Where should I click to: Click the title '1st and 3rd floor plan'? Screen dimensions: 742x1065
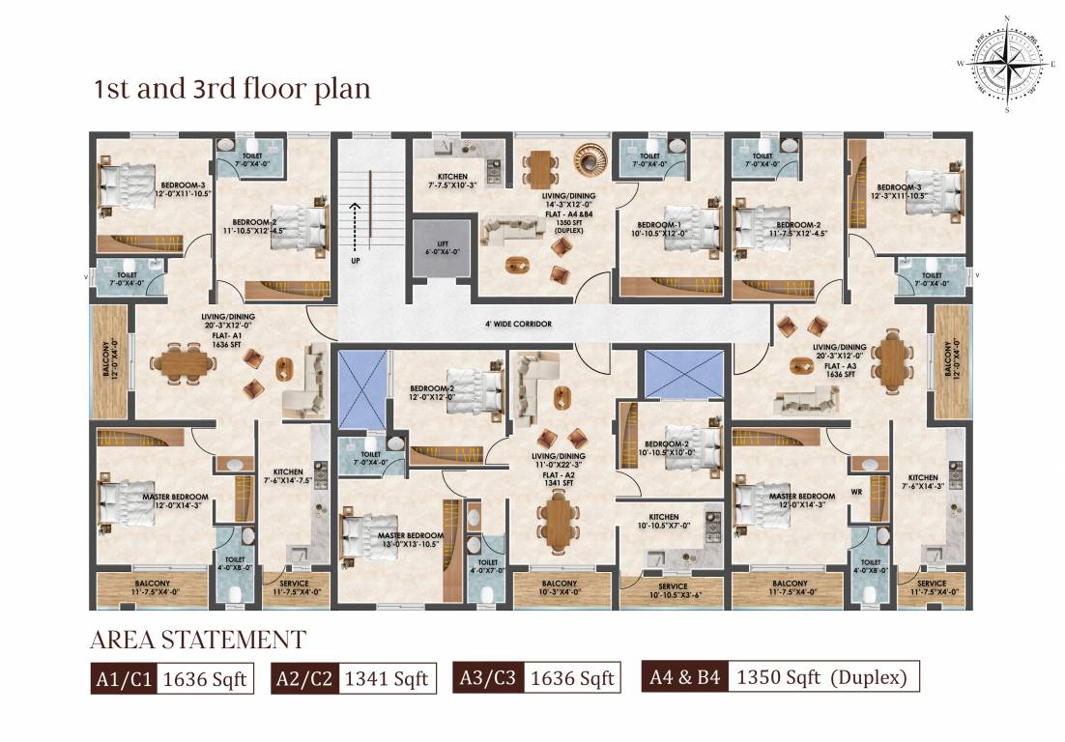tap(231, 89)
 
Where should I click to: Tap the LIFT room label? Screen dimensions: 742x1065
tap(440, 246)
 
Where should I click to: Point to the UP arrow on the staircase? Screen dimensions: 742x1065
tap(355, 232)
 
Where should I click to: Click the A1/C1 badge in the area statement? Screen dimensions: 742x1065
tap(124, 679)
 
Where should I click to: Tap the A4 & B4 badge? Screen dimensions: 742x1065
tap(682, 678)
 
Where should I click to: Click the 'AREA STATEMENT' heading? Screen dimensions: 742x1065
tap(197, 640)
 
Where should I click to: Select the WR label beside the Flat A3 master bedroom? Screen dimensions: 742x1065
tap(856, 492)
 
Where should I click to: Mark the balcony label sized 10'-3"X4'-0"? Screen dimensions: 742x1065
tap(560, 588)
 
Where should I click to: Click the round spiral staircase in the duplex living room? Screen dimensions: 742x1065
tap(590, 157)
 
